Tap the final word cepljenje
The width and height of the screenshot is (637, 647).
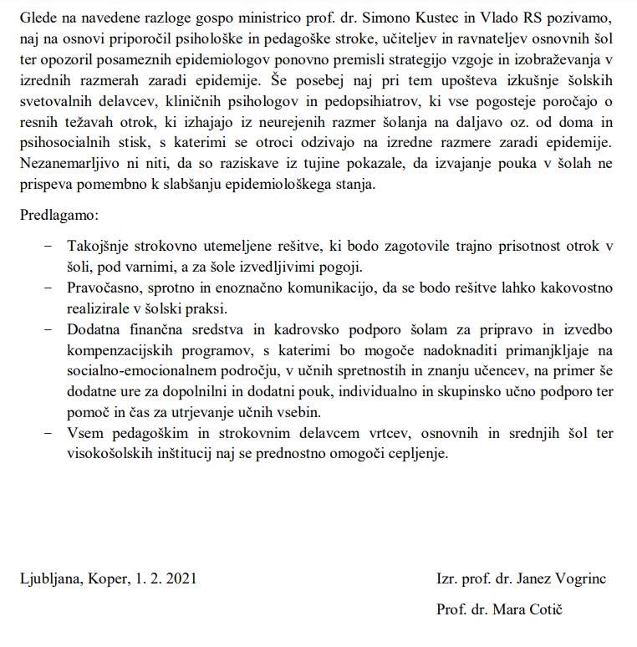pos(421,454)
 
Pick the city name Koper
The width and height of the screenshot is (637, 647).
pos(106,578)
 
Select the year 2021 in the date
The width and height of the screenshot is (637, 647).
pos(181,578)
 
